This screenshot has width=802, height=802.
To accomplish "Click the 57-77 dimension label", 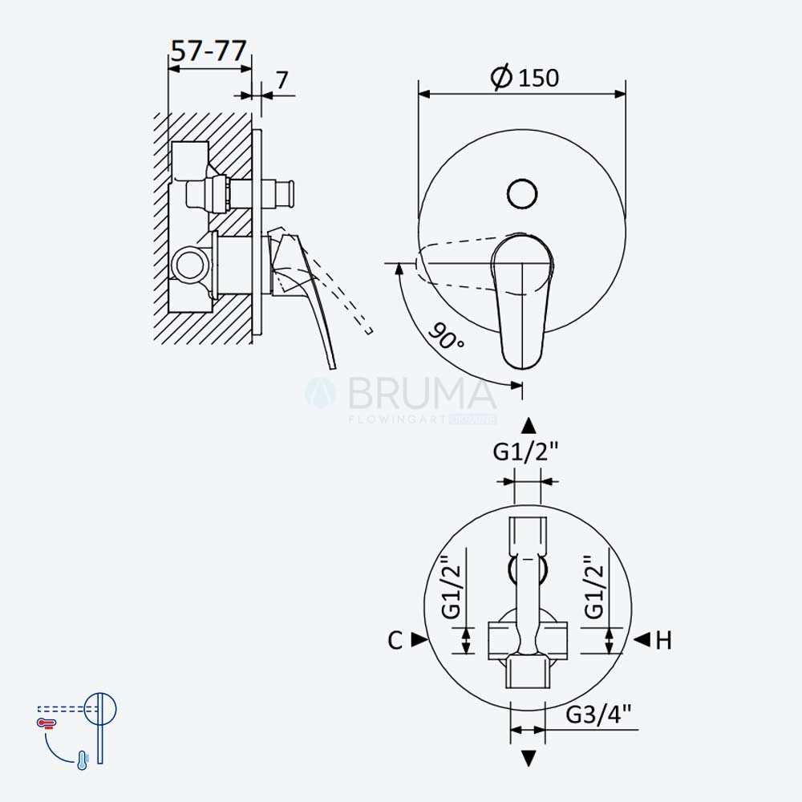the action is (209, 51).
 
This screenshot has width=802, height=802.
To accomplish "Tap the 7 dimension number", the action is (282, 79).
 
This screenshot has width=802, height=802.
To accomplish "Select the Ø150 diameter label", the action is (525, 78).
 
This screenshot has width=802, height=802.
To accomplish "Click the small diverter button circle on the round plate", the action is (522, 194).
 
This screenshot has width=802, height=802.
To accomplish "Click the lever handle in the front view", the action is (522, 302).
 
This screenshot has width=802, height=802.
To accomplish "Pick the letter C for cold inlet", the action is (395, 640).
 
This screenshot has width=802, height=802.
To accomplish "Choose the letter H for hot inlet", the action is (663, 640).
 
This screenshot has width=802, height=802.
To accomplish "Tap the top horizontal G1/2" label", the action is (526, 451).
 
